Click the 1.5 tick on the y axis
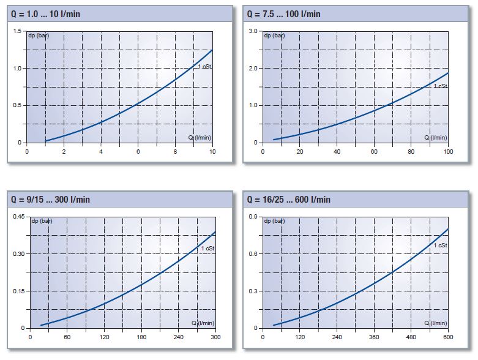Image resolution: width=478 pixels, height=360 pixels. [17, 31]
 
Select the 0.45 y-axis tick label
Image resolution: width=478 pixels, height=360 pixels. [16, 217]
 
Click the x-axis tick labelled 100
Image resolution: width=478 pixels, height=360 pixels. [447, 151]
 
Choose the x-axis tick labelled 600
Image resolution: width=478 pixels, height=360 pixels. [447, 337]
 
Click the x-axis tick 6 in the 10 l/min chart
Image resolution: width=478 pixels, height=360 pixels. [138, 151]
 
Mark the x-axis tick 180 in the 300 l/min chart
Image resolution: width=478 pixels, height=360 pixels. [141, 337]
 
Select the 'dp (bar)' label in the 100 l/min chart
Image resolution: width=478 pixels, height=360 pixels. [275, 36]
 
